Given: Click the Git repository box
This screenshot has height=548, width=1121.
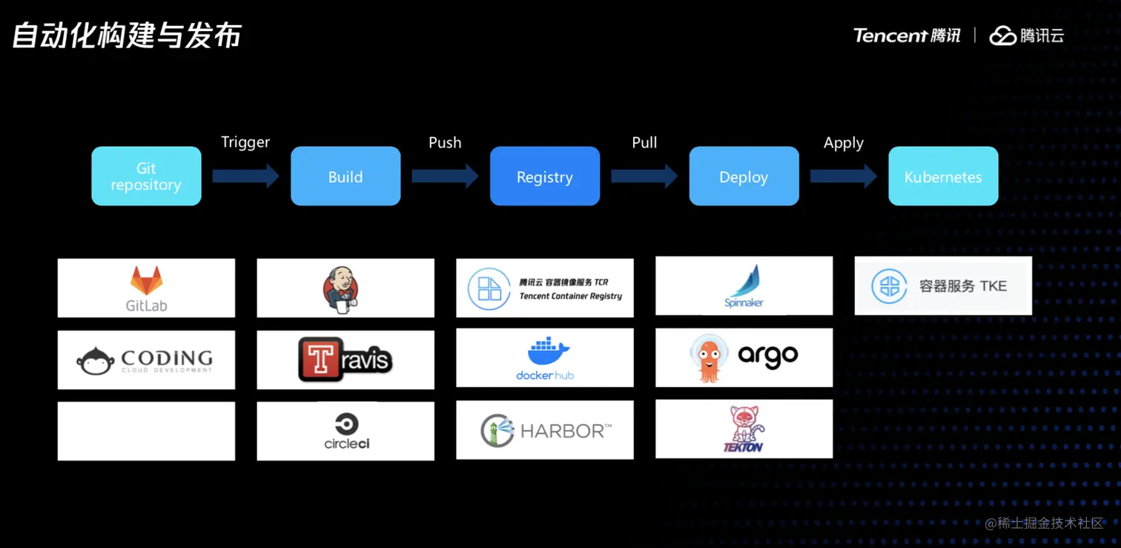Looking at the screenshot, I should point(146,176).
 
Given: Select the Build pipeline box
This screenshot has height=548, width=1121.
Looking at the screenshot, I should point(345,176).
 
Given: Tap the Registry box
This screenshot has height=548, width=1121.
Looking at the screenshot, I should point(545,176).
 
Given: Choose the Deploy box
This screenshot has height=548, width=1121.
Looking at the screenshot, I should point(744,176).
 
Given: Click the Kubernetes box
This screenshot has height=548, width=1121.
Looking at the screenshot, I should point(943,176).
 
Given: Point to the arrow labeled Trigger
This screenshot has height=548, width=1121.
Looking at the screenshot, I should point(245,176).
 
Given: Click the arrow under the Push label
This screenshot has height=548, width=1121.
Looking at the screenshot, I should point(445,176).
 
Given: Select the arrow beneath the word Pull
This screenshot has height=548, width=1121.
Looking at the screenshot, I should point(644,176).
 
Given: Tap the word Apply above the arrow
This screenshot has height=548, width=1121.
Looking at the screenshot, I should point(844,142).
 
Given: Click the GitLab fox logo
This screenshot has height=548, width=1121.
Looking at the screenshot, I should point(146,280).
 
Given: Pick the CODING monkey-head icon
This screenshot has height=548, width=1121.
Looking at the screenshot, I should point(96,360).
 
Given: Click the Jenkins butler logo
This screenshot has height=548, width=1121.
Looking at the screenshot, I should point(341,288).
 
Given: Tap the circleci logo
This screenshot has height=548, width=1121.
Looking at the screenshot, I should point(346,431).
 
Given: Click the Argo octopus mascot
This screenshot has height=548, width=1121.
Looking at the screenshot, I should point(709,357).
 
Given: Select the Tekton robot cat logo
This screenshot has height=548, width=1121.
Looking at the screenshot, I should point(743,429).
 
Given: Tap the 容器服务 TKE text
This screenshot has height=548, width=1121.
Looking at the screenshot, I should point(962,286).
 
